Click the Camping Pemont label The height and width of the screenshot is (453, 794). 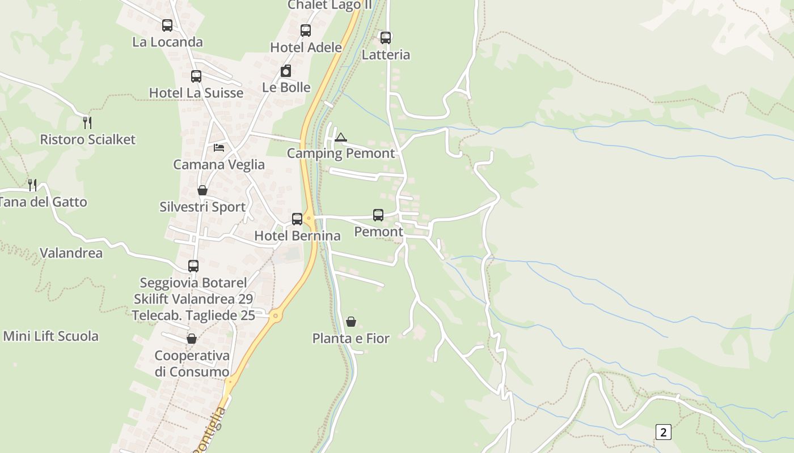coord(341,153)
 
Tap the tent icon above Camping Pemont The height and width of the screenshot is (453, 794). coord(340,137)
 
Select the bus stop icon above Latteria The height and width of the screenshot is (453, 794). coord(386,38)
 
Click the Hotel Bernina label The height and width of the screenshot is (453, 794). coord(297,236)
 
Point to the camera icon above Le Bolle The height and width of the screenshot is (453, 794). coord(286,71)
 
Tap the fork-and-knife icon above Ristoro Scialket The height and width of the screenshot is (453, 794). coord(87,122)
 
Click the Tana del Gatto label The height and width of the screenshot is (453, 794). coord(43,202)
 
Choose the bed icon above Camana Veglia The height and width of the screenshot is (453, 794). coord(219,148)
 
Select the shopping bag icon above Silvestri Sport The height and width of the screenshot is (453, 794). coord(202,190)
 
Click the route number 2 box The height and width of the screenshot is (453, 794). coord(663,432)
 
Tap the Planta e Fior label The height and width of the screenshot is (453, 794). coord(351,339)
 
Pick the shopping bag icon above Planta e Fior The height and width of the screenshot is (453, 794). coord(351,322)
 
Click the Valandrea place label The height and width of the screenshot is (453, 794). coord(71,253)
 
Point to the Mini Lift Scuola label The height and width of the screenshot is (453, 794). coord(51,336)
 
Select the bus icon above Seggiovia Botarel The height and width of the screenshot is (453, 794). coord(193,266)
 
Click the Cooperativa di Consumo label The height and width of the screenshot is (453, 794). coord(192,364)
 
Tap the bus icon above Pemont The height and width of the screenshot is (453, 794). coord(378,215)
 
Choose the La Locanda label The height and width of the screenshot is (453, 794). coord(167,42)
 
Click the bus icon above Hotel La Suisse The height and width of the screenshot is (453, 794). coord(196,76)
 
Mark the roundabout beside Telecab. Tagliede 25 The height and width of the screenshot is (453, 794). coord(276,315)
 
